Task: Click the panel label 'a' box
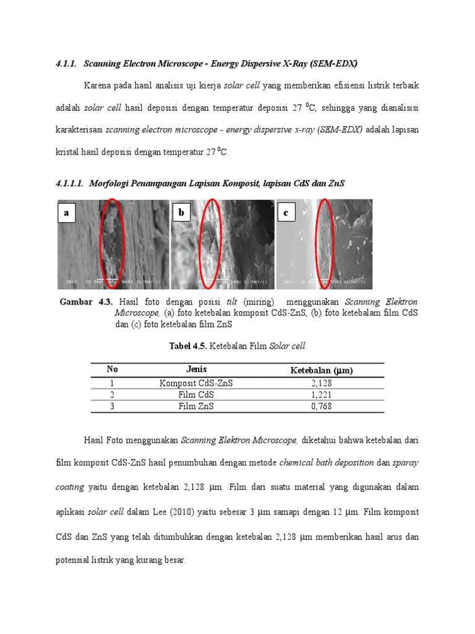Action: click(66, 213)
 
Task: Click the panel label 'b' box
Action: click(182, 213)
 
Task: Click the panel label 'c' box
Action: click(287, 213)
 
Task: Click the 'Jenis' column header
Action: click(196, 370)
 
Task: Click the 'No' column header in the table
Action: click(112, 370)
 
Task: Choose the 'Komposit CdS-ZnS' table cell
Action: click(196, 383)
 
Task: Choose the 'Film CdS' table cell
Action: click(196, 394)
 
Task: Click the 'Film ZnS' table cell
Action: click(196, 406)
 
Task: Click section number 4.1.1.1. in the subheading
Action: click(69, 183)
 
